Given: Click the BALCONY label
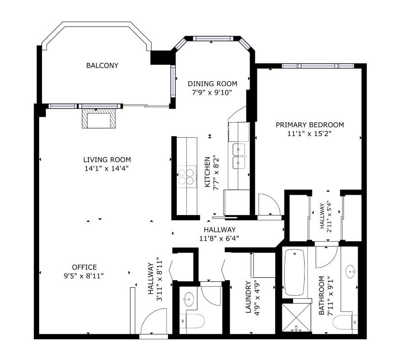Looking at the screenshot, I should (x=102, y=66).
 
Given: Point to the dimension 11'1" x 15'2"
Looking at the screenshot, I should (x=309, y=133).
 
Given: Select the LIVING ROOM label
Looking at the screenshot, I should (x=107, y=159).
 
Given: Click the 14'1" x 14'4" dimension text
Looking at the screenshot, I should (x=107, y=168).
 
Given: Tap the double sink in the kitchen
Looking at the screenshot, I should (x=238, y=156).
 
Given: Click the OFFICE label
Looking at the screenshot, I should (x=84, y=267).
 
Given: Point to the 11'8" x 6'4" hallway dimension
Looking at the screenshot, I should (x=219, y=238).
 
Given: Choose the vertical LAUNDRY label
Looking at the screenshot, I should (x=248, y=298).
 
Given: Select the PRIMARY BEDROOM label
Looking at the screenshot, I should (x=309, y=124).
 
